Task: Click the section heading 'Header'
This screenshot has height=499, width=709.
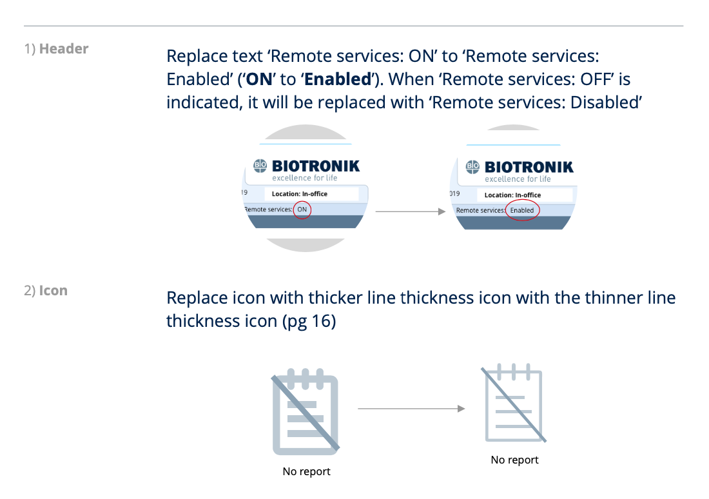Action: [64, 48]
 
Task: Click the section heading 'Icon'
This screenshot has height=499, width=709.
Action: [53, 291]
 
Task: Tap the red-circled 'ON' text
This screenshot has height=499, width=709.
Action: [302, 210]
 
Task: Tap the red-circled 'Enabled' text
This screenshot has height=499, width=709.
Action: [522, 210]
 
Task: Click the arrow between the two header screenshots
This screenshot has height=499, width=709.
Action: [410, 211]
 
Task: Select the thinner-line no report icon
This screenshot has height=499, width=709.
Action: [514, 405]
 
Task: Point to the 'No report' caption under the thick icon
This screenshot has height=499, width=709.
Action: [307, 471]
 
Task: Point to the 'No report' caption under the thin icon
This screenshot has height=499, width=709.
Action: [514, 460]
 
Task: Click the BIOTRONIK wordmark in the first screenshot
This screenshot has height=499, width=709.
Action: [316, 166]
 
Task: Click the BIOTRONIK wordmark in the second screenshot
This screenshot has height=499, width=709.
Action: [529, 167]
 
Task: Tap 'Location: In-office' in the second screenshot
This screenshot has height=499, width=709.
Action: [522, 195]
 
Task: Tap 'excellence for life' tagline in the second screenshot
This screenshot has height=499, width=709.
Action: [518, 179]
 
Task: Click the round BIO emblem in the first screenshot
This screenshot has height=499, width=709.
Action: [260, 166]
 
